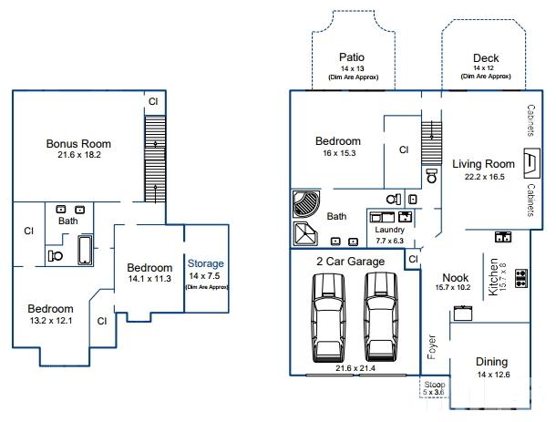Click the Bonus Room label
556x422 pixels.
coord(78,143)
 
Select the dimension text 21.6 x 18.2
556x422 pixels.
coord(79,155)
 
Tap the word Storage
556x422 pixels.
coord(205,263)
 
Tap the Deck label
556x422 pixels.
coord(485,58)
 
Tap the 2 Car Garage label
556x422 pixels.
coord(351,262)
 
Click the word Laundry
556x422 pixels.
coord(389,230)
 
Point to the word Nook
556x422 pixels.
coord(455,278)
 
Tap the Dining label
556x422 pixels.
coord(491,362)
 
